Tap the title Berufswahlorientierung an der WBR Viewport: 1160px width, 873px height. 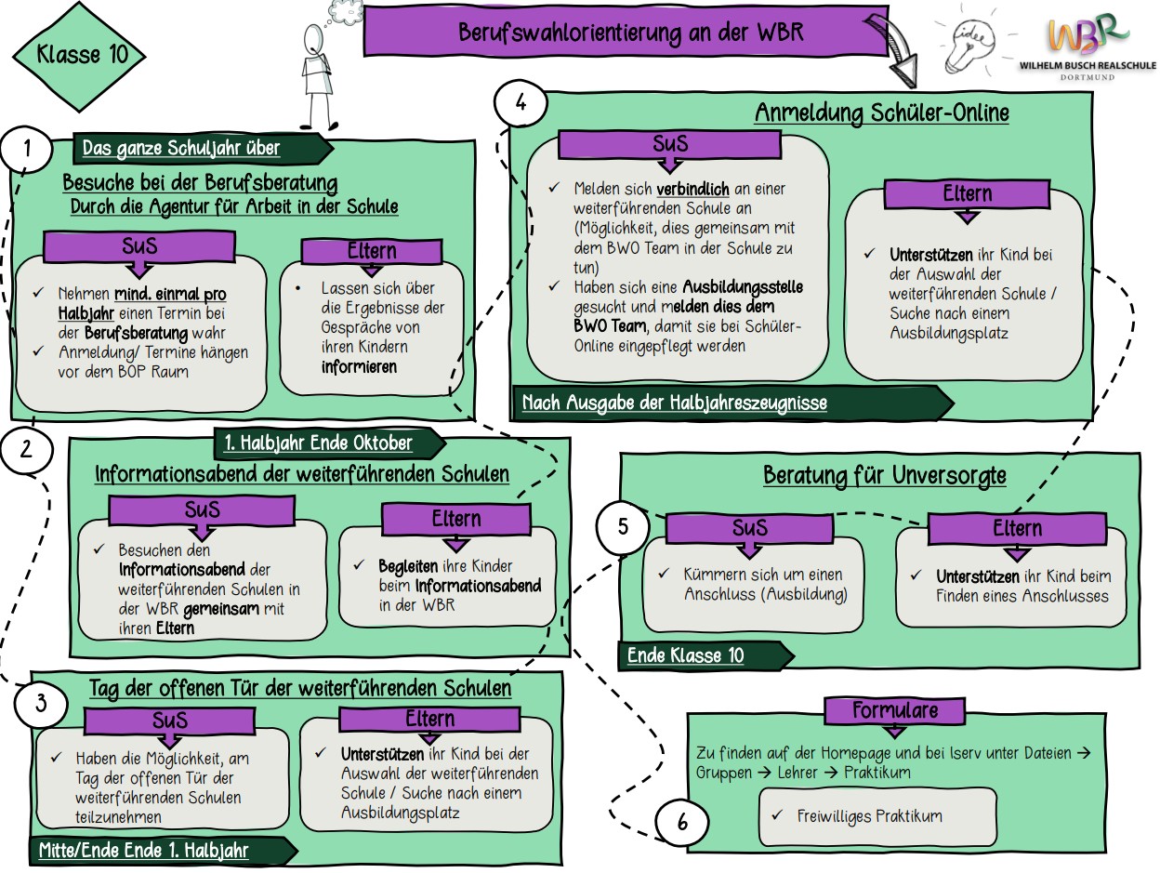[x=630, y=33]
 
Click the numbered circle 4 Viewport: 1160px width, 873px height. [x=521, y=104]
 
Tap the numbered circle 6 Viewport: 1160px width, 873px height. [x=682, y=822]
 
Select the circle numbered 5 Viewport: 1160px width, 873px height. [x=623, y=526]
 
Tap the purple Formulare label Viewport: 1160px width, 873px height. [x=895, y=711]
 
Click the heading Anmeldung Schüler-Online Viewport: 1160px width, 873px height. [x=881, y=113]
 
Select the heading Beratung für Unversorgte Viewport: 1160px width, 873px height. [x=884, y=476]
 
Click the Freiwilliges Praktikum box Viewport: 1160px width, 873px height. [x=877, y=816]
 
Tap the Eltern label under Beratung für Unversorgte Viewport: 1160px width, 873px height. [x=1017, y=529]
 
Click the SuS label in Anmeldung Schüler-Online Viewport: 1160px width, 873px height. [x=671, y=145]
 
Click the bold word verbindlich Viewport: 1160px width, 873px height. [x=692, y=189]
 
